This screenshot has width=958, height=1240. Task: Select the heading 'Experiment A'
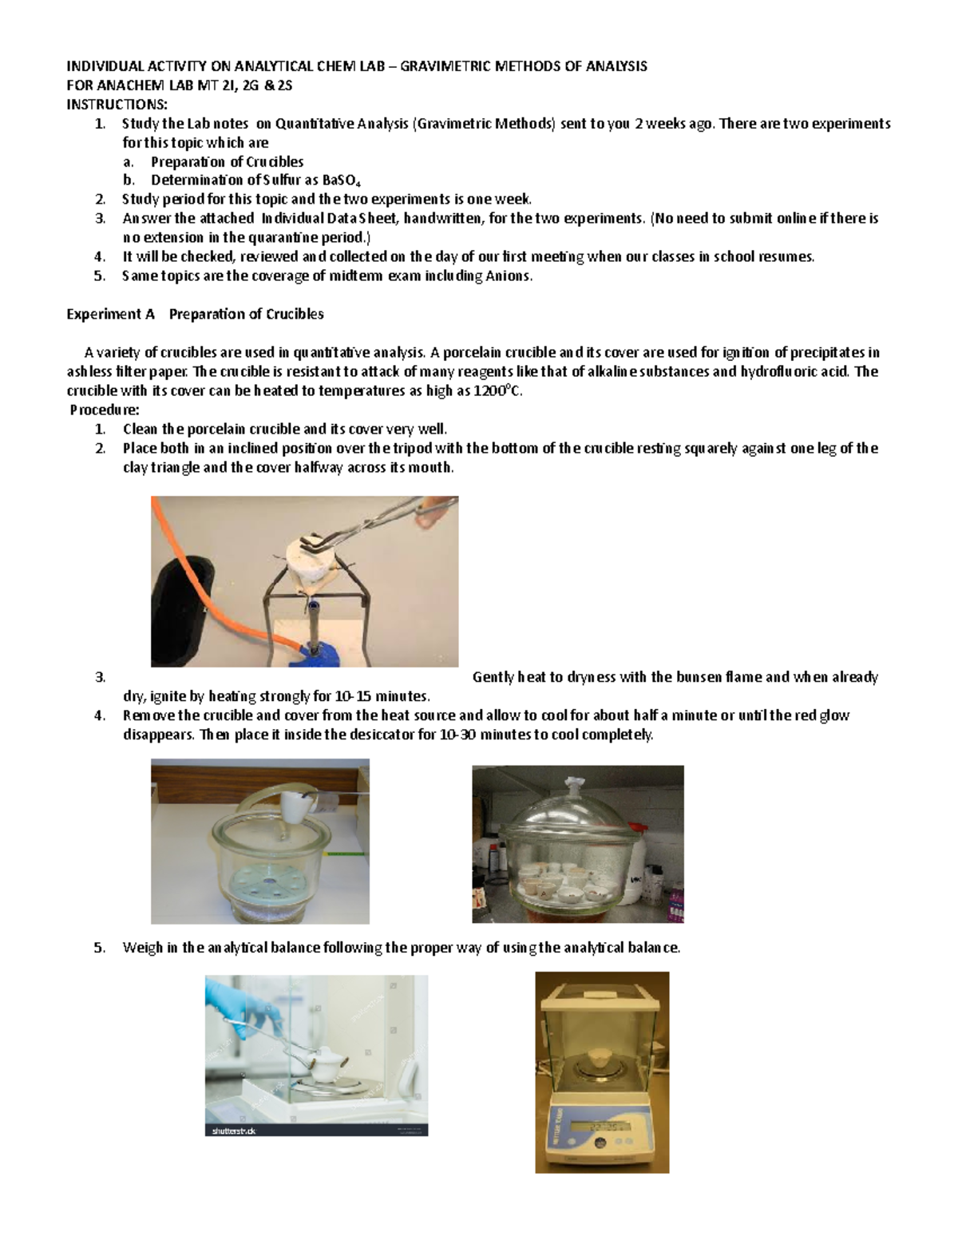(110, 314)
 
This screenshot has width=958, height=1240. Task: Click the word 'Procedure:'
(105, 410)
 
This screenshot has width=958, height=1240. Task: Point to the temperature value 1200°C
(497, 390)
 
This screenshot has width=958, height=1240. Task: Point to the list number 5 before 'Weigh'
(99, 948)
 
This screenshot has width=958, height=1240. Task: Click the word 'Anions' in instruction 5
(508, 275)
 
